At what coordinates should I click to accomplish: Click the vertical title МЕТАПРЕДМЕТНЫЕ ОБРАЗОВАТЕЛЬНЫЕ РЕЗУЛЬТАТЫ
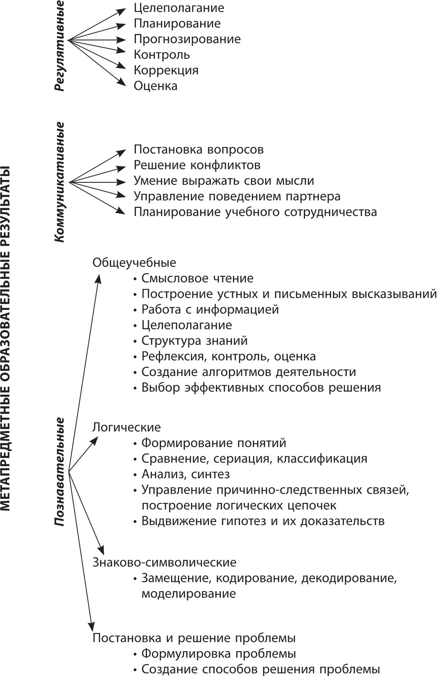[7, 338]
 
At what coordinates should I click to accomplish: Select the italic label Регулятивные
[59, 45]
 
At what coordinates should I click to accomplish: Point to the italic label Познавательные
[59, 472]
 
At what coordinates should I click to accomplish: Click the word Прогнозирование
[187, 39]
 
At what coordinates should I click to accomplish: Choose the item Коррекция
[166, 70]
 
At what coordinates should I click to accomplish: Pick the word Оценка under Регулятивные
[155, 86]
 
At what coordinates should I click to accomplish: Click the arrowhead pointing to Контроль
[122, 50]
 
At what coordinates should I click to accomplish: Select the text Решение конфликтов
[197, 165]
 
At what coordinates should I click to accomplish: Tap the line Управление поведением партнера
[237, 196]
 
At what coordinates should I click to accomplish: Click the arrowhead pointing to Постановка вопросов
[122, 151]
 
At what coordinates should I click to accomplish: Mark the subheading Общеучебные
[134, 263]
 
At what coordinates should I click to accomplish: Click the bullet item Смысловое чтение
[197, 278]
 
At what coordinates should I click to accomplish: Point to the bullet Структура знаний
[194, 340]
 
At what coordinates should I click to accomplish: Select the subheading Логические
[127, 427]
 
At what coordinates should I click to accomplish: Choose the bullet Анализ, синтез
[186, 474]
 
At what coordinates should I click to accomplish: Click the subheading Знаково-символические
[165, 563]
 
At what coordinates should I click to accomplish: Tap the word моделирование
[189, 594]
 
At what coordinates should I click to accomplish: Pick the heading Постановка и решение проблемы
[194, 638]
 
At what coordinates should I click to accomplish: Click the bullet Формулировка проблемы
[218, 654]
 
